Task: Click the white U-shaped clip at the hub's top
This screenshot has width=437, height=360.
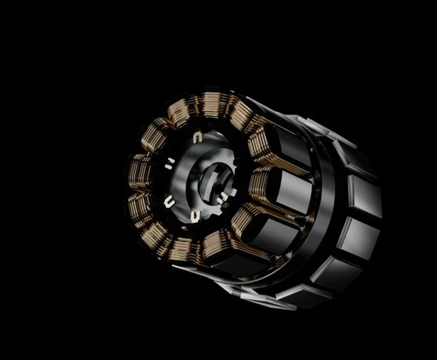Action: pyautogui.click(x=197, y=139)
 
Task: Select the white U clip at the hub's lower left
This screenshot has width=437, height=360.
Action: pyautogui.click(x=169, y=201)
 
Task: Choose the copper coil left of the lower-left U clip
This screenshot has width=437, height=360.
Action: pyautogui.click(x=141, y=206)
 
